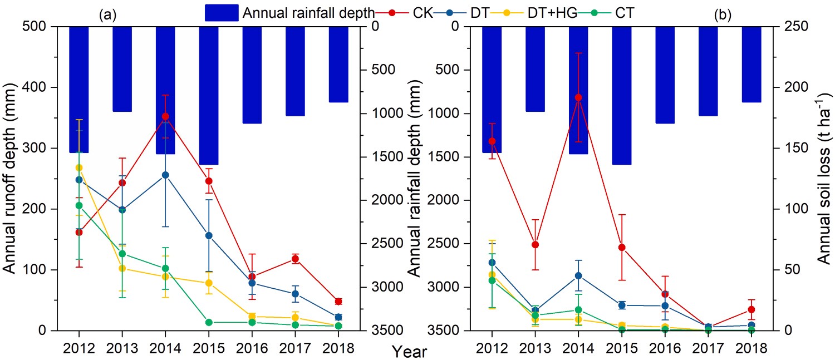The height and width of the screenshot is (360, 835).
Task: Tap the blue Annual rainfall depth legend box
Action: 222,13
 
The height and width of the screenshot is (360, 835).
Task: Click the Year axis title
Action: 409,351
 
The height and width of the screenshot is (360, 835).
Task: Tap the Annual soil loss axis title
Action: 824,178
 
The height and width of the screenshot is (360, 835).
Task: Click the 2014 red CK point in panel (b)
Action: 578,97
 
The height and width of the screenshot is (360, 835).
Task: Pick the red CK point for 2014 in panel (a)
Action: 165,117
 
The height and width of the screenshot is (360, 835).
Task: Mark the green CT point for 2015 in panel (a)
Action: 209,322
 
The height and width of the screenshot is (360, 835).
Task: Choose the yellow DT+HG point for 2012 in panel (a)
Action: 79,167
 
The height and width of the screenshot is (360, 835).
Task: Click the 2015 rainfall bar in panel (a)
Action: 209,95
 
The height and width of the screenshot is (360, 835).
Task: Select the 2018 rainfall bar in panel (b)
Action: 751,64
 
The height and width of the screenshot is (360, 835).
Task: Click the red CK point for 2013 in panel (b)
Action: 535,244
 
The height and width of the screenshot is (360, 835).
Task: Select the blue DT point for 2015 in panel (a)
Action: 209,235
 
